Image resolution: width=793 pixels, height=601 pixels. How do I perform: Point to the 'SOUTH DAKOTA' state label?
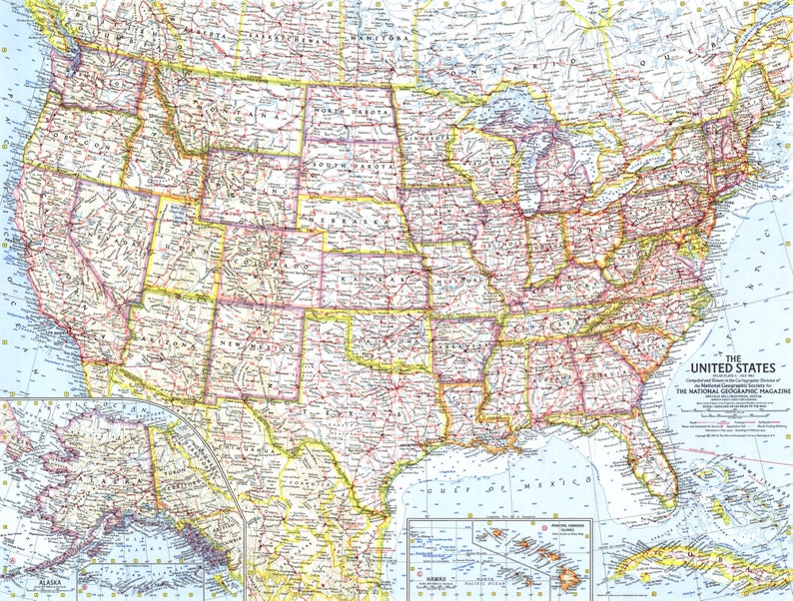tap(348, 165)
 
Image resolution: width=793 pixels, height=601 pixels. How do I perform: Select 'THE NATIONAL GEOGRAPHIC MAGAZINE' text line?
tap(733, 392)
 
